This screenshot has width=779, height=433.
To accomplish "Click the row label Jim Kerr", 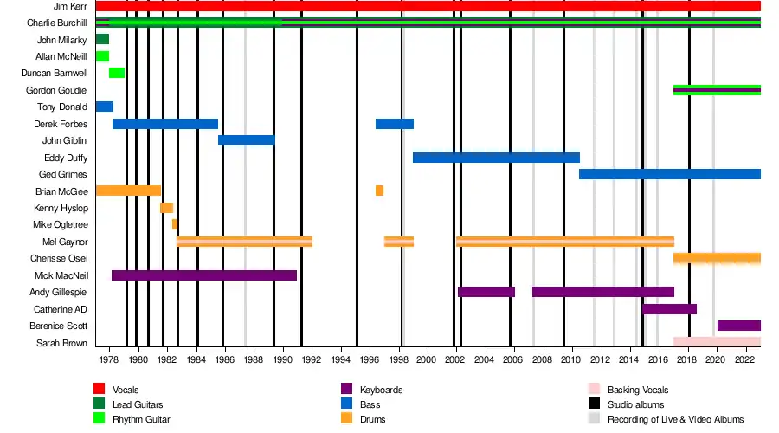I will tap(69, 6).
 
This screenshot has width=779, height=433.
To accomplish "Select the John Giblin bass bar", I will tap(246, 140).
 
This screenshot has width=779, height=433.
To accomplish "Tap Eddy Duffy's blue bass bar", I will tap(496, 158).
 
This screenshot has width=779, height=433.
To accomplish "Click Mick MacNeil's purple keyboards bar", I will tap(203, 275).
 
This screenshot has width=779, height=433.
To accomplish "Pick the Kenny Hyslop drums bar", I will tap(166, 208).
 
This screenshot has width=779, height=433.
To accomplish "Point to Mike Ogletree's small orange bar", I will tap(174, 224).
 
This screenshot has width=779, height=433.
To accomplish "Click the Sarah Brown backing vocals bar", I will tap(717, 342).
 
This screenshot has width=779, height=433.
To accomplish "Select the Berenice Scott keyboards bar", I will tap(738, 326).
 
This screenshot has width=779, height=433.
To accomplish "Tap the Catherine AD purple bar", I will tap(669, 309).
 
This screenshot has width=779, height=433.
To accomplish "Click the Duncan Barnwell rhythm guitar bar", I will tap(117, 73).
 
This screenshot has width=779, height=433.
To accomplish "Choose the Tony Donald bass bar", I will tap(104, 107).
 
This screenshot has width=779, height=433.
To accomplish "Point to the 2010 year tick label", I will tap(571, 359).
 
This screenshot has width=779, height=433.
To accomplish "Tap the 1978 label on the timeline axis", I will tap(109, 359).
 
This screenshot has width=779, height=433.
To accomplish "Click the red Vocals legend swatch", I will tap(100, 390).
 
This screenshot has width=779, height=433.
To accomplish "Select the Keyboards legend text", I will tap(381, 391).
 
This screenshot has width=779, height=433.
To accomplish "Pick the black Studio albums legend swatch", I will tap(594, 404).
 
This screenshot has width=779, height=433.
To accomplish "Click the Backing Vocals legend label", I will tap(638, 391).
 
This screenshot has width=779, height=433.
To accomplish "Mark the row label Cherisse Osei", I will tap(59, 258).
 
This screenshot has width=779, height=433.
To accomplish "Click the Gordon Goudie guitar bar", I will tap(717, 90).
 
